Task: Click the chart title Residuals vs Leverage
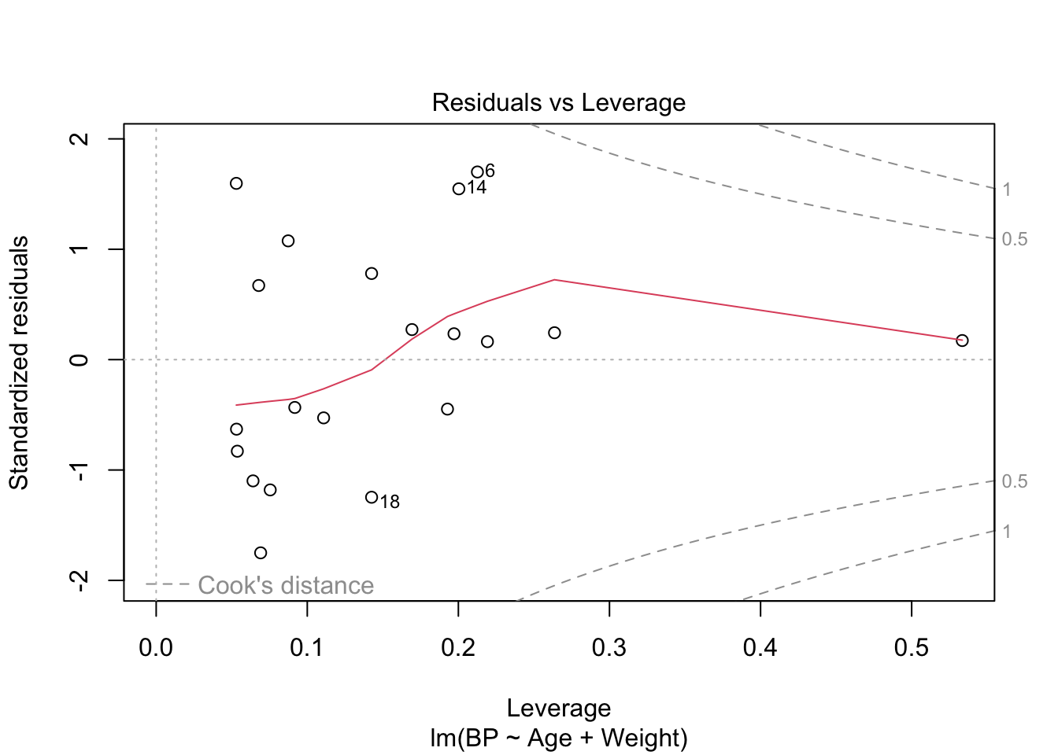point(558,103)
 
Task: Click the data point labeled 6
point(477,172)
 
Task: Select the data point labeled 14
point(459,189)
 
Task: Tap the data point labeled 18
point(372,497)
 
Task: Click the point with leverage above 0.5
point(962,341)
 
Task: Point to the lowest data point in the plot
point(261,553)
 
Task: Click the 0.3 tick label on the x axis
point(609,647)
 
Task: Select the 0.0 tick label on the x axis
point(156,647)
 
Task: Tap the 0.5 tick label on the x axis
point(912,647)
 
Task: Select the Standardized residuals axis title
point(19,362)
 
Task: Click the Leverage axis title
point(558,709)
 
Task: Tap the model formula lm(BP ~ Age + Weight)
point(558,738)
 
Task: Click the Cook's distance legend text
point(286,586)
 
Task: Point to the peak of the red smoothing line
point(554,279)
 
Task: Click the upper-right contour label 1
point(1007,190)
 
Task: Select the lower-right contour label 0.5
point(1015,481)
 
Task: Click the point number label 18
point(390,502)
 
